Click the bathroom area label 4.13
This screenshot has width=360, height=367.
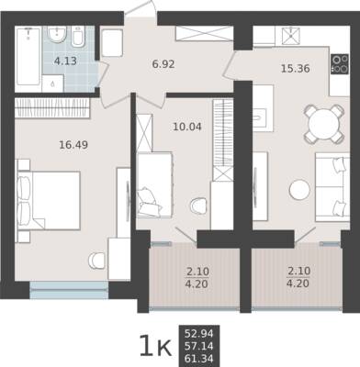click(x=65, y=61)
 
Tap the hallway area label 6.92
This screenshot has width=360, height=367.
click(x=163, y=64)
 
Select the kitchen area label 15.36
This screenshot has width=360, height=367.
click(x=296, y=69)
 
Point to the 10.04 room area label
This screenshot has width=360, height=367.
click(x=187, y=127)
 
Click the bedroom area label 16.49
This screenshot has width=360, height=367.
click(x=73, y=145)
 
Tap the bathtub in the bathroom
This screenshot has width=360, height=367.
click(x=28, y=57)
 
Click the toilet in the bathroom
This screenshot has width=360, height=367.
click(x=79, y=37)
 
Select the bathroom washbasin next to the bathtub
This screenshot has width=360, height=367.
click(x=57, y=34)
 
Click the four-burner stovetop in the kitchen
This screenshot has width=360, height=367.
click(x=340, y=64)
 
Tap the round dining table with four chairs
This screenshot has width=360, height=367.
click(x=324, y=124)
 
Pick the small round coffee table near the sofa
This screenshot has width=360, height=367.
click(x=299, y=190)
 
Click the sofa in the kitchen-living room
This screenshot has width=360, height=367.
click(x=332, y=187)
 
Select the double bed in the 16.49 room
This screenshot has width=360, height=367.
click(x=49, y=200)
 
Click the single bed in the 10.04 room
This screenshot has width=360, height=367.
click(x=154, y=184)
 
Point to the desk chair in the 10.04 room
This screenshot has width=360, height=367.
click(x=198, y=206)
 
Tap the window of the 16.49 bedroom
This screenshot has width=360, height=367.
click(x=69, y=290)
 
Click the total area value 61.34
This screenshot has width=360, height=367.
click(x=199, y=359)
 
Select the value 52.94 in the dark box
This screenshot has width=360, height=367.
click(x=199, y=333)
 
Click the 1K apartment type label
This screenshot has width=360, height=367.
click(x=155, y=347)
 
